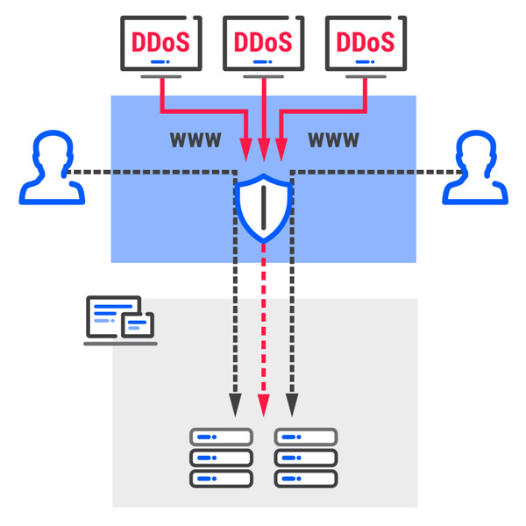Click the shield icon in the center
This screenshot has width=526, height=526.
[x=264, y=208]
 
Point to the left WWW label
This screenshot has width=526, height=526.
[x=195, y=140]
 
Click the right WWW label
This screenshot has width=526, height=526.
[x=334, y=140]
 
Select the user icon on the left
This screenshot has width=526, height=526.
[x=52, y=167]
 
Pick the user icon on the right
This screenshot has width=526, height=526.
[x=475, y=167]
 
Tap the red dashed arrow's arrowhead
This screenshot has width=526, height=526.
[x=264, y=405]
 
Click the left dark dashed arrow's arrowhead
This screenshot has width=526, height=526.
[x=235, y=405]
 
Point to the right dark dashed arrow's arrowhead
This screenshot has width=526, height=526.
[x=292, y=405]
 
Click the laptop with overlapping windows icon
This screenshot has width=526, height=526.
[x=120, y=321]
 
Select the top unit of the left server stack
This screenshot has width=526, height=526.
[x=221, y=437]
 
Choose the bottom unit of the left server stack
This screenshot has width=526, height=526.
[x=221, y=479]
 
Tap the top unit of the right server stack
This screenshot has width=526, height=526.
[x=306, y=437]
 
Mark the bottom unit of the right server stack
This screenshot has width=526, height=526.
[x=306, y=479]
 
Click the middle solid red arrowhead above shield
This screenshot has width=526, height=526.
[x=264, y=150]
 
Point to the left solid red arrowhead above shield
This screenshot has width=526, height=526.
[x=246, y=150]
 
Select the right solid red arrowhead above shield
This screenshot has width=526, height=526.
[x=281, y=150]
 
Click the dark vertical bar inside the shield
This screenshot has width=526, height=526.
[x=264, y=208]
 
